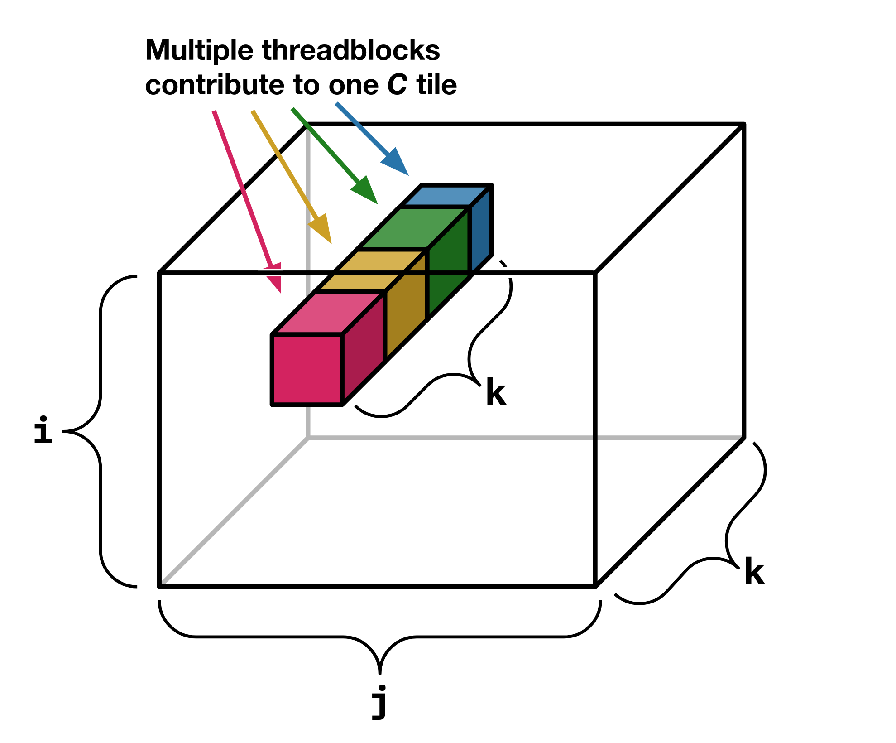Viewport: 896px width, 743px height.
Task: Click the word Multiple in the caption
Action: [x=199, y=51]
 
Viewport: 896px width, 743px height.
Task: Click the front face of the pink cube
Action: [x=307, y=369]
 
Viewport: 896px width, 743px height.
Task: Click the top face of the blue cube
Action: [x=446, y=196]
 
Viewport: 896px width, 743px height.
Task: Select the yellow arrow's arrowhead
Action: [x=321, y=228]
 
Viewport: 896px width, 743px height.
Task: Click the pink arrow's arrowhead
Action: [x=274, y=277]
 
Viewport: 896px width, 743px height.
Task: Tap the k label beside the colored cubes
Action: [x=496, y=392]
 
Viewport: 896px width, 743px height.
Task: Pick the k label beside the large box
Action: [x=754, y=572]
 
